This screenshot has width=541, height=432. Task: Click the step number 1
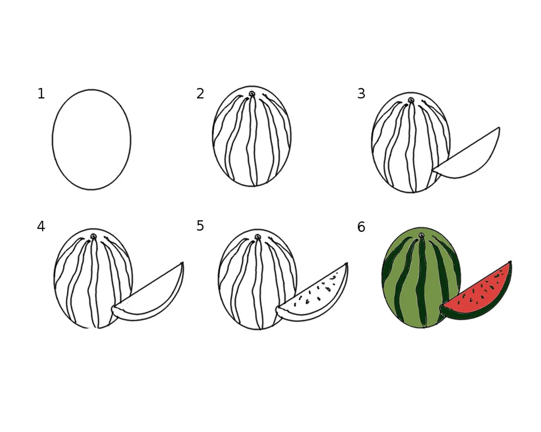[41, 94]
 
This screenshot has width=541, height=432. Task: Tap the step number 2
[200, 94]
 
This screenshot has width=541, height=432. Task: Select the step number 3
[361, 94]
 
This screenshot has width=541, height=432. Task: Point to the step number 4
[41, 226]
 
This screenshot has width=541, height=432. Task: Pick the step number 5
[200, 225]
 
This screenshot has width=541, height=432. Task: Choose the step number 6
[361, 227]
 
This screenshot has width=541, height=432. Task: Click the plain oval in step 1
[53, 139]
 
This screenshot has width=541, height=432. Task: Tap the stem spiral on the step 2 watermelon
[252, 94]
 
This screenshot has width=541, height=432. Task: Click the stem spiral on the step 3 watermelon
[411, 100]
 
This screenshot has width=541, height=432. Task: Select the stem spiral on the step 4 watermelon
[93, 236]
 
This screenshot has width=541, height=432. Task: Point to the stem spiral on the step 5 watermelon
[258, 237]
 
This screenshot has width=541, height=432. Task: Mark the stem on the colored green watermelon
[422, 235]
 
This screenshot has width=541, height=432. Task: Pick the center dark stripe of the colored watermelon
[422, 281]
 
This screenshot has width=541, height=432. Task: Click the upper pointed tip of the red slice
[511, 261]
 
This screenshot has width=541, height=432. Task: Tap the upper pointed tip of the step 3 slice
[499, 127]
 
